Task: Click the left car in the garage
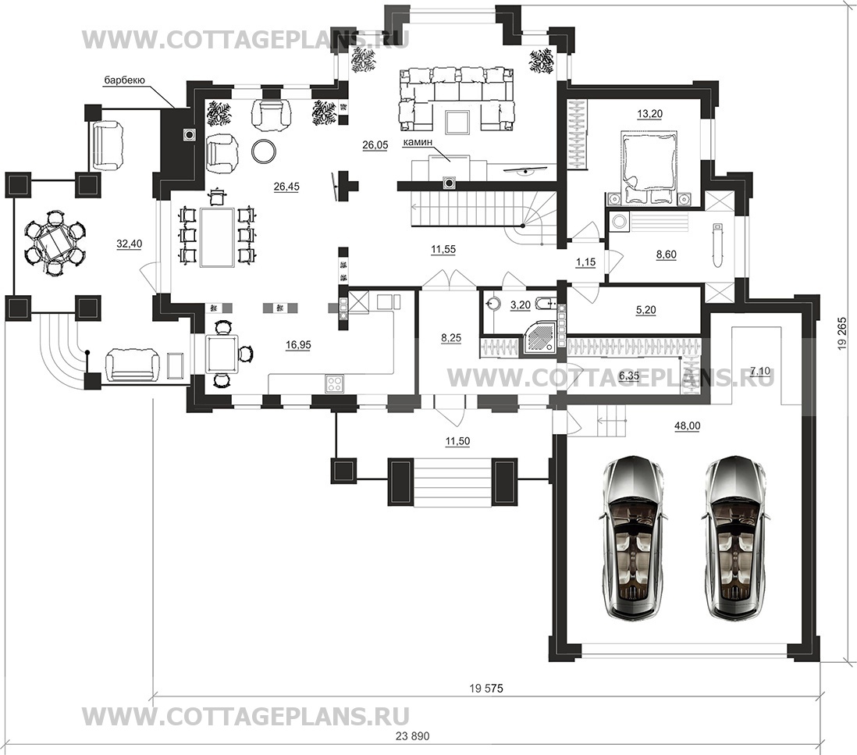coord(635,539)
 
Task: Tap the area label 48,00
coord(688,426)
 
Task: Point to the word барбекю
coord(124,81)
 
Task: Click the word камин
coord(418,143)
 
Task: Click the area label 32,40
coord(129,244)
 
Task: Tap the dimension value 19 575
coord(486,689)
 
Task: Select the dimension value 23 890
coord(413,735)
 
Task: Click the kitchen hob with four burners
coord(335,383)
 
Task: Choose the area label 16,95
coord(298,344)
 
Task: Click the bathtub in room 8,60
coord(717,244)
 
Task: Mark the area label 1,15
coord(586,262)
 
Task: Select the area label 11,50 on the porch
coord(457,441)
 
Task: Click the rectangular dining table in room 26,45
coord(218,237)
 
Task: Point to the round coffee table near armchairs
coord(264,150)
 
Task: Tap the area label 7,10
coord(759,371)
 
